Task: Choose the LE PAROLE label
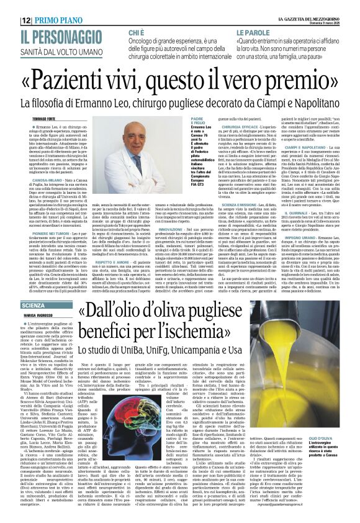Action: (x=253, y=30)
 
